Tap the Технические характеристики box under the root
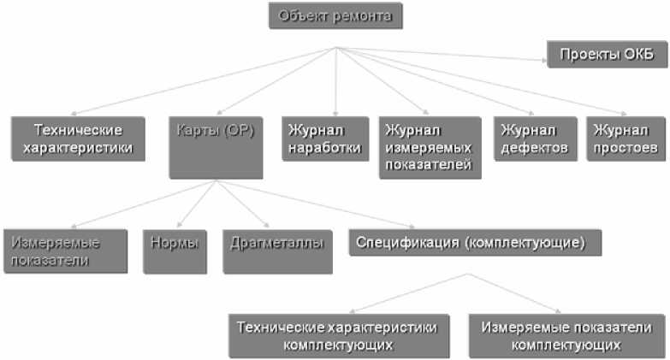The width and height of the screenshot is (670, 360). [x=78, y=139]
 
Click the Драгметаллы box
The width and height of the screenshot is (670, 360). [x=276, y=251]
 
